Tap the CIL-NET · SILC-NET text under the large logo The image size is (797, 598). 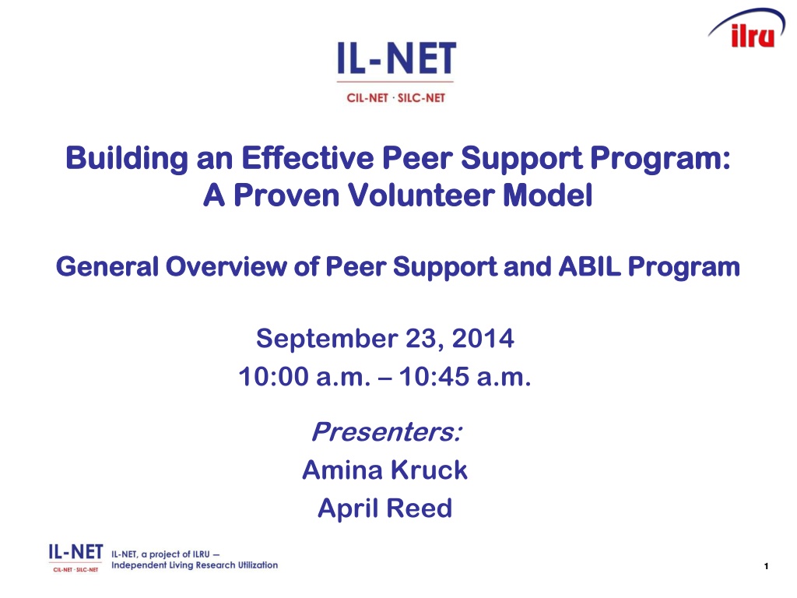coord(395,97)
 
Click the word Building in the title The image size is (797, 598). coord(127,159)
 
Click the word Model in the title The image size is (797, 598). coord(548,195)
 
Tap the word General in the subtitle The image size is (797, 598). coord(107,267)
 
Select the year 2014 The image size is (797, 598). coord(483,339)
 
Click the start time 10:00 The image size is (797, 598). coord(273,377)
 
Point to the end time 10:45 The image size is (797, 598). coord(434,377)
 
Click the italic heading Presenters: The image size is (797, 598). coord(387,431)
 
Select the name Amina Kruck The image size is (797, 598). coord(384,470)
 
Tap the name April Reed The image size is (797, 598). coord(384,508)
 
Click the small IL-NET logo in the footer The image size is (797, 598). coord(75,558)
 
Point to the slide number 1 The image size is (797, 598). coord(766,566)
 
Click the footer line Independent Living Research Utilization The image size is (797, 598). coord(195,565)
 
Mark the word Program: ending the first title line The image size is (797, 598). coord(660,159)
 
